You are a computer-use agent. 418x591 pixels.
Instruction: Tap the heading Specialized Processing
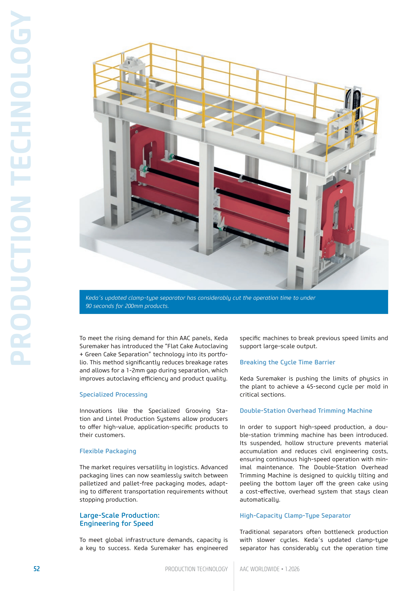click(113, 394)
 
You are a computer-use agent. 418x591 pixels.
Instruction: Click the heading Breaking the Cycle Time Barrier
click(287, 362)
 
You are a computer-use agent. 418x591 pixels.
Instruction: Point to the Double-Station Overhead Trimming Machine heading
click(306, 411)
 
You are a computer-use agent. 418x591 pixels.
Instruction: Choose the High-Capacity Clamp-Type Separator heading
click(295, 516)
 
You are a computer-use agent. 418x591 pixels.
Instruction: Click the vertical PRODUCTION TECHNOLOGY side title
click(21, 188)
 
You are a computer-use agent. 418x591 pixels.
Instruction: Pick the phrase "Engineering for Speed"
click(116, 524)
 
